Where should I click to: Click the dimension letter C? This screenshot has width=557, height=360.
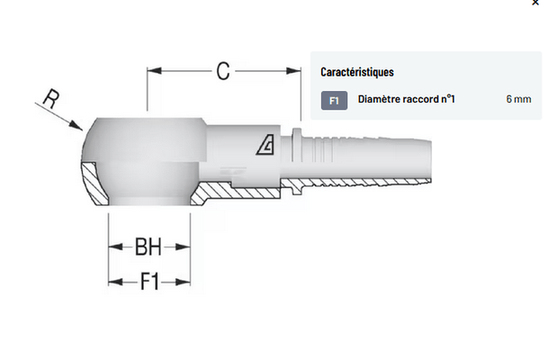pyautogui.click(x=223, y=71)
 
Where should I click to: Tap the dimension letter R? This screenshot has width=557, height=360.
pyautogui.click(x=51, y=98)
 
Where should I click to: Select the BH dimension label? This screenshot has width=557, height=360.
pyautogui.click(x=148, y=247)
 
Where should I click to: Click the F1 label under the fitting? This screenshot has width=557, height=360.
pyautogui.click(x=149, y=282)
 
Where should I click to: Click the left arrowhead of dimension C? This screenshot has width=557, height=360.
pyautogui.click(x=154, y=71)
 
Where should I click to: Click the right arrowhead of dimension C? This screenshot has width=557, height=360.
pyautogui.click(x=293, y=71)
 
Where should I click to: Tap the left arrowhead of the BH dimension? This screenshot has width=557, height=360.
pyautogui.click(x=115, y=247)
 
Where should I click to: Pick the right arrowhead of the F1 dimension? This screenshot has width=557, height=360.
pyautogui.click(x=184, y=282)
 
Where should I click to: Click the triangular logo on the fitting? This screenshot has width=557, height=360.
pyautogui.click(x=265, y=145)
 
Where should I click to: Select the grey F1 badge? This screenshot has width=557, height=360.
pyautogui.click(x=334, y=101)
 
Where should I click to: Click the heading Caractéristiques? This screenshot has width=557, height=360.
pyautogui.click(x=357, y=72)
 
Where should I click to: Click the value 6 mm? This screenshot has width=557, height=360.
pyautogui.click(x=518, y=99)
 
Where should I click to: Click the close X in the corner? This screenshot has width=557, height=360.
pyautogui.click(x=535, y=3)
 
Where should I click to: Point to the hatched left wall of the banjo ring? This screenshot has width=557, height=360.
pyautogui.click(x=94, y=184)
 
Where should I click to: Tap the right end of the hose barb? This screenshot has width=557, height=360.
pyautogui.click(x=431, y=161)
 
